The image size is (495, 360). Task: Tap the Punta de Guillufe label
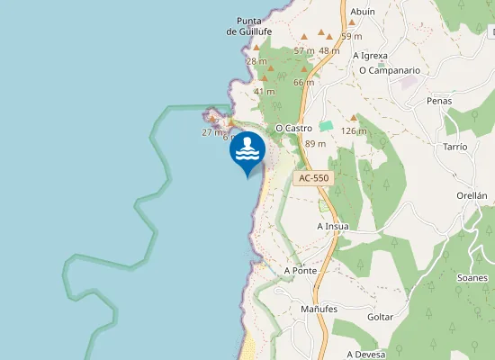248,26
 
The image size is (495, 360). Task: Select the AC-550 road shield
314,178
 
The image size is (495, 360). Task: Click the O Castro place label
293,129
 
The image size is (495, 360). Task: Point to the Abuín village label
362,12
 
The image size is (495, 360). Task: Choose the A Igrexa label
370,55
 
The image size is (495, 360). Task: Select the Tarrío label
455,146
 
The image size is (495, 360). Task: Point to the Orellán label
472,195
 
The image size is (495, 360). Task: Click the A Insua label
332,226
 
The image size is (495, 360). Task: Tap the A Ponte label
300,270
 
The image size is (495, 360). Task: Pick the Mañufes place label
319,309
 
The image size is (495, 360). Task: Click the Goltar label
382,318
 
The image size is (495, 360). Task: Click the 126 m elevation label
355,131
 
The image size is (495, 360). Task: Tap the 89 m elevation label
315,144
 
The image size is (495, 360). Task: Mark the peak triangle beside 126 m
354,118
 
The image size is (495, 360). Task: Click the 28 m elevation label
256,61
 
